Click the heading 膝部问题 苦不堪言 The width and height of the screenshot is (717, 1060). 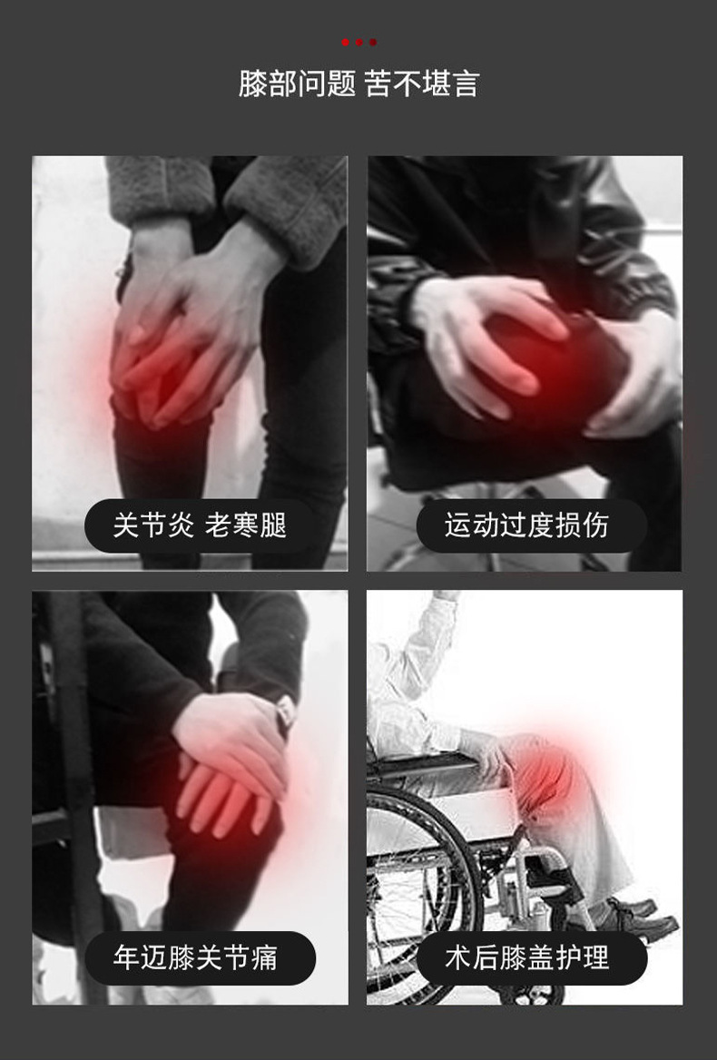pos(358,84)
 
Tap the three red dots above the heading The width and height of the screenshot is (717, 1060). pos(358,43)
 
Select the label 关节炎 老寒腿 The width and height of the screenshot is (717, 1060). pos(200,525)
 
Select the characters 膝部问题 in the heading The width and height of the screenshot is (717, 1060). pos(297,84)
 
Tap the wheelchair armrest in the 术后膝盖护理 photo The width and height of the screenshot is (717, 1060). pos(427,768)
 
